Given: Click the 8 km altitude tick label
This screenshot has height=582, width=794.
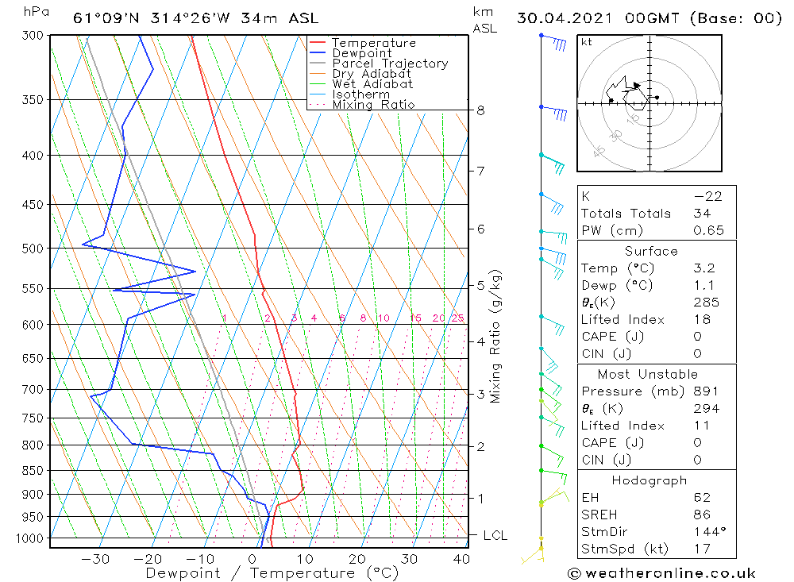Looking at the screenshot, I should point(480,110).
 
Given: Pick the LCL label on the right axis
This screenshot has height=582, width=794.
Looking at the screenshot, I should point(495,536).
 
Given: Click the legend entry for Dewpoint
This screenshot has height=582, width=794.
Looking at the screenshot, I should point(362,53).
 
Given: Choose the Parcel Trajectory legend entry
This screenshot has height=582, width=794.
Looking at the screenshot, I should point(390,64).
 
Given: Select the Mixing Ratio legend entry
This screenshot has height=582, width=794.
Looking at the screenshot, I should point(373,105).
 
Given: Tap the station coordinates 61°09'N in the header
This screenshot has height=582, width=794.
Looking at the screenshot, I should point(104,18).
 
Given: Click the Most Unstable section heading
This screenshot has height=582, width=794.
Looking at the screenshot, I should point(648,374).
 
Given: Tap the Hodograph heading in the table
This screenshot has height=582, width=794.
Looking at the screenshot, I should point(648,480).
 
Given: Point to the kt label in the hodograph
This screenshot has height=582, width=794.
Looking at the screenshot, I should point(587,42).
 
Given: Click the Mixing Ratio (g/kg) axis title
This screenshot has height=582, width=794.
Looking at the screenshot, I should point(496,337).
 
